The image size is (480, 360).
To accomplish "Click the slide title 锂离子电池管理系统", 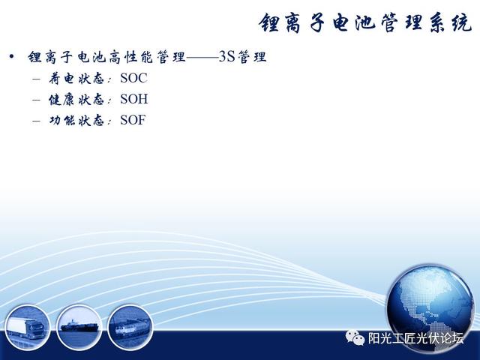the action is coord(365,23).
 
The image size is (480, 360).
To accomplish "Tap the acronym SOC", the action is coord(133,78).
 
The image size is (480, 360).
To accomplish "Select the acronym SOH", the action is coord(134,99).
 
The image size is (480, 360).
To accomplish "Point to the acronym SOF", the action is coord(133,120).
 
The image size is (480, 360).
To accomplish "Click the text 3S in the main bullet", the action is coord(226,57).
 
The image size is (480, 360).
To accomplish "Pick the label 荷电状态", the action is coord(76,78).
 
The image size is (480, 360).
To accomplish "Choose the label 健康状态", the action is coord(76,99).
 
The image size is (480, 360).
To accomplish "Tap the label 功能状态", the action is coord(76,120).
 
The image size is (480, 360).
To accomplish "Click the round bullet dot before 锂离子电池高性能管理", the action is coord(12,57).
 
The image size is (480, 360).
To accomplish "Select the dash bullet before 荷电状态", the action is coord(36,79).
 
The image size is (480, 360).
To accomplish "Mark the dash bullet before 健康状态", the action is coord(36,100).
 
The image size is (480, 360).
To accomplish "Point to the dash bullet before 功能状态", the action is coord(36,121).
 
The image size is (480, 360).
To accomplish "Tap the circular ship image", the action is coord(79,327).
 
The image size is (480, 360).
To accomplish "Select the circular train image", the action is coord(130,328).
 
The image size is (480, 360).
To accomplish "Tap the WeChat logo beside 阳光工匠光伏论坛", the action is coord(355,337).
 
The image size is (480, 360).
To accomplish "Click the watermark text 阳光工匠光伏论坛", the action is coord(415,338).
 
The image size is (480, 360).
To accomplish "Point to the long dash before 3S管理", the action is coord(202,57).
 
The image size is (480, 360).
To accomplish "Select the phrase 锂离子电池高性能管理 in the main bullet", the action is coord(106,57).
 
